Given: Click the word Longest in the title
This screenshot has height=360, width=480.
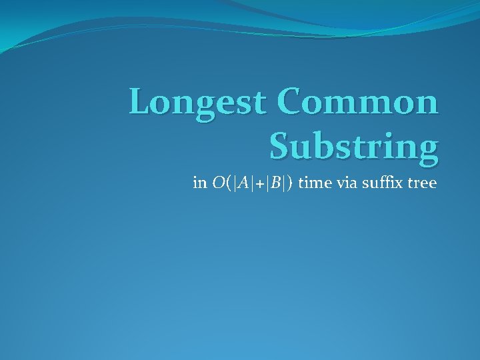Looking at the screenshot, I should click(x=199, y=104).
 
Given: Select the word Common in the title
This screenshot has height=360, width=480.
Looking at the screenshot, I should click(x=359, y=103).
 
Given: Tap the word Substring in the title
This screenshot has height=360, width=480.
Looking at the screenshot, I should click(x=354, y=146).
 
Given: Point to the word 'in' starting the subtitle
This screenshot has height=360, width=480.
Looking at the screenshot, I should click(x=199, y=183).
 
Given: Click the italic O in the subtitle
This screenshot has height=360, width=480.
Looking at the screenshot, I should click(x=218, y=183).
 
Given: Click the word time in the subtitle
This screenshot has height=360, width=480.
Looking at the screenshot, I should click(x=313, y=183).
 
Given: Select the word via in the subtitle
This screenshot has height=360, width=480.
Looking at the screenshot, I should click(x=347, y=183).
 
